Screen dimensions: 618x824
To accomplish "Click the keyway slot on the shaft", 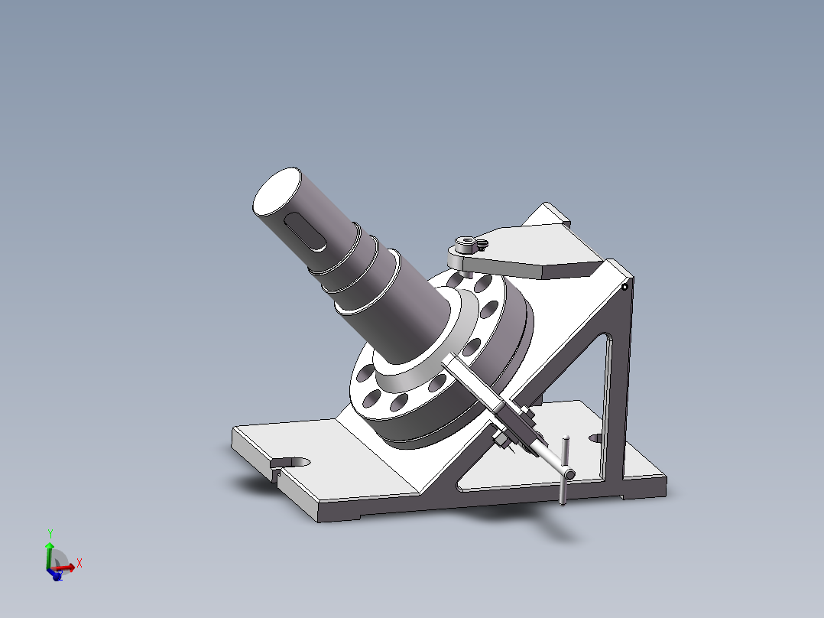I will [303, 232].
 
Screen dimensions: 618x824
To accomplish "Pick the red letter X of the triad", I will [79, 563].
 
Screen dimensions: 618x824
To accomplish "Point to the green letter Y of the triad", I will [50, 532].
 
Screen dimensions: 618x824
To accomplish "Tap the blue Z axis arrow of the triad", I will [56, 575].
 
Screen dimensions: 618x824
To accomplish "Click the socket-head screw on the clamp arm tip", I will [464, 245].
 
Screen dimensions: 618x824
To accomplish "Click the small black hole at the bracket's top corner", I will [624, 288].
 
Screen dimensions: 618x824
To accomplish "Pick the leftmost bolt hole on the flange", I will [363, 375].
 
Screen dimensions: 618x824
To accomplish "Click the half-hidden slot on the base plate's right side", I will [596, 439].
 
